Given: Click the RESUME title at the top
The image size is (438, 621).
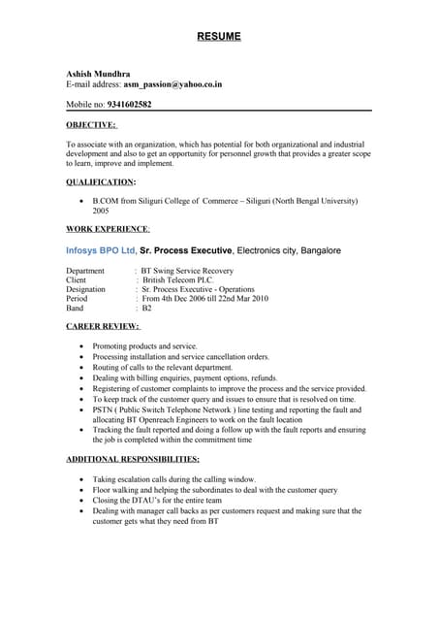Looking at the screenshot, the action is [219, 37].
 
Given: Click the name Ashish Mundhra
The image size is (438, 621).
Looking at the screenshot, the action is [95, 74].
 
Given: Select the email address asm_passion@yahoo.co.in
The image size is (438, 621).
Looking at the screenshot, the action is [172, 84].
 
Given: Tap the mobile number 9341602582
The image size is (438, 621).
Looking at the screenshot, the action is [122, 104].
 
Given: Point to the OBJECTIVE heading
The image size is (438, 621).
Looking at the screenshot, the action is [90, 124].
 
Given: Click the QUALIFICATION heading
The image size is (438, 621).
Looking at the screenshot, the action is [100, 181].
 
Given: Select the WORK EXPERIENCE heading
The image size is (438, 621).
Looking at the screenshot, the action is [107, 229].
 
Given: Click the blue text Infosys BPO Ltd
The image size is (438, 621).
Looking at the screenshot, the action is [101, 250].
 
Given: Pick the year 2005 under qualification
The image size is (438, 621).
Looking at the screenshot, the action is [101, 210].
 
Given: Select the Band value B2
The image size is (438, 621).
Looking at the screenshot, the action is [147, 308].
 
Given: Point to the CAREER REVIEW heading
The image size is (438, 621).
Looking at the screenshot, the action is [102, 326].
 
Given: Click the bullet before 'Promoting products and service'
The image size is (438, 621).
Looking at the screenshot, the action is [79, 346].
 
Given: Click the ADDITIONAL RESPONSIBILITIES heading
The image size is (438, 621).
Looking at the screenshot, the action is [133, 458].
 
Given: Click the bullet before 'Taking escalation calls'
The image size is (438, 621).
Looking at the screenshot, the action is [79, 479].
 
